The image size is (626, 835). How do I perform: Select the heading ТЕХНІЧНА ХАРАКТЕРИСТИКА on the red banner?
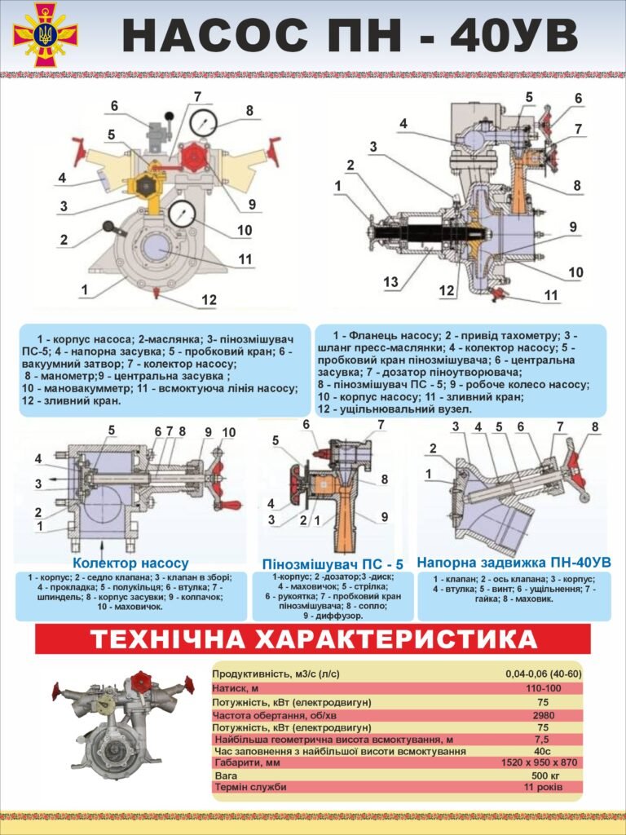pyautogui.click(x=313, y=639)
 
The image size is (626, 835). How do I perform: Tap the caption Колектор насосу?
pyautogui.click(x=130, y=563)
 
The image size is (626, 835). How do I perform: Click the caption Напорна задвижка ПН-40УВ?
pyautogui.click(x=514, y=562)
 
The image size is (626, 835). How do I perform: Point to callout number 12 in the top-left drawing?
pyautogui.click(x=209, y=300)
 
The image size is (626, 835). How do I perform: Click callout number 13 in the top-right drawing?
pyautogui.click(x=392, y=282)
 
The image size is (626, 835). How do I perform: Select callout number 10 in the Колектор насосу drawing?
pyautogui.click(x=229, y=431)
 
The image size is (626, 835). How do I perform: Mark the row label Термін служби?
pyautogui.click(x=249, y=787)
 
